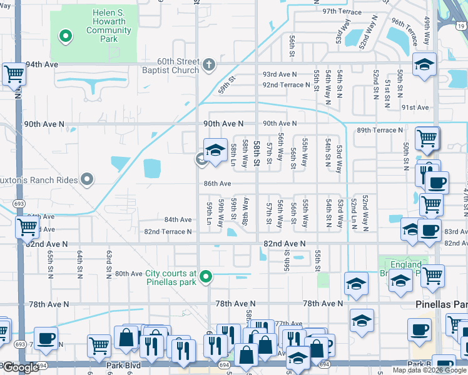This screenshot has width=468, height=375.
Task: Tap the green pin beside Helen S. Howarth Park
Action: pos(65,36)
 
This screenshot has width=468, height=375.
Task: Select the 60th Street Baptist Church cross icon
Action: pos(210,63)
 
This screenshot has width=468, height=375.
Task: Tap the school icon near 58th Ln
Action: pos(215,150)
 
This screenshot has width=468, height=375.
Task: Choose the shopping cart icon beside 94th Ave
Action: pos(14,74)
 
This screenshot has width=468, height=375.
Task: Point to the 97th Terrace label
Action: pos(342,12)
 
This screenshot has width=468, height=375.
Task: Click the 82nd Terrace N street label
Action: pos(168,232)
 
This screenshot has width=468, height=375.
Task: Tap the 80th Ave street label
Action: pos(128,274)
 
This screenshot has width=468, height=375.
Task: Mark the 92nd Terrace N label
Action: pos(286,85)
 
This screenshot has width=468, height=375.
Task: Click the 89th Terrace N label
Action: pos(380,131)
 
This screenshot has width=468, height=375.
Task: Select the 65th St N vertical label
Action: pos(60,264)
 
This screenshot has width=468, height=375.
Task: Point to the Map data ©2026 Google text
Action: pos(429,370)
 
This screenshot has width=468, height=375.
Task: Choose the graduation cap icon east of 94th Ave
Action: pos(424,65)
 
